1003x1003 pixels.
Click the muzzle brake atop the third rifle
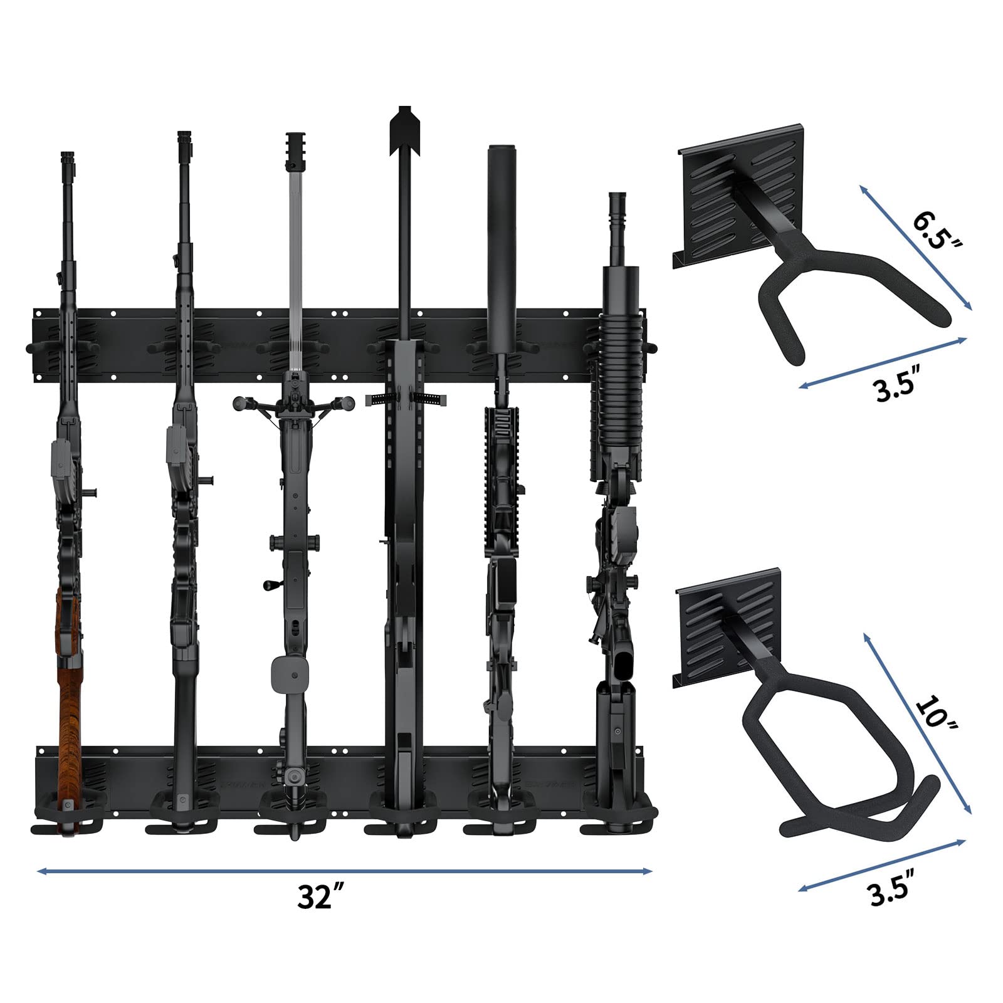coord(295,150)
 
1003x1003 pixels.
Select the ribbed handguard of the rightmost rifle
coord(617,389)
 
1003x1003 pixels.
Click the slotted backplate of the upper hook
coord(721,201)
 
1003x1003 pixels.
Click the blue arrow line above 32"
coord(345,871)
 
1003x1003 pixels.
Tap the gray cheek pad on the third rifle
coord(288,674)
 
